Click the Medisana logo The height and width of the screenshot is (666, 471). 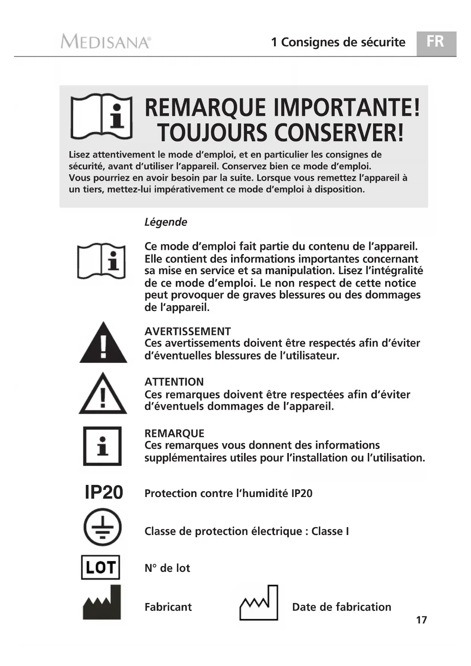point(106,41)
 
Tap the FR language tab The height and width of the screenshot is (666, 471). point(435,42)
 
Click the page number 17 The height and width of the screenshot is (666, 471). point(421,620)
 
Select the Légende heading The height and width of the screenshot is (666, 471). point(166,222)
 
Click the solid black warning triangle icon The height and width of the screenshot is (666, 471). point(103,343)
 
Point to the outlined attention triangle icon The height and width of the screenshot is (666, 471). point(103,394)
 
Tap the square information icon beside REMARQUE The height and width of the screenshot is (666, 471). point(102,446)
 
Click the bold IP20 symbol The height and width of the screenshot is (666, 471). point(104,492)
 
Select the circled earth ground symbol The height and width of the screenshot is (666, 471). point(102,527)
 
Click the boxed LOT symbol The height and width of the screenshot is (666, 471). point(101,567)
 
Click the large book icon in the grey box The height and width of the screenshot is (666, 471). point(102,116)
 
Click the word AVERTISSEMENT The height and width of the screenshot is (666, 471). point(187,331)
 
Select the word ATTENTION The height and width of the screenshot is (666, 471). point(174,382)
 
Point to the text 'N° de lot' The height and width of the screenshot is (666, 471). point(167,568)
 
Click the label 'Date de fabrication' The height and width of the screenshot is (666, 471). point(342,607)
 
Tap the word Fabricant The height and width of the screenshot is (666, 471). point(168,607)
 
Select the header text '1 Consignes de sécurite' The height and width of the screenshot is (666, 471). point(338,42)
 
